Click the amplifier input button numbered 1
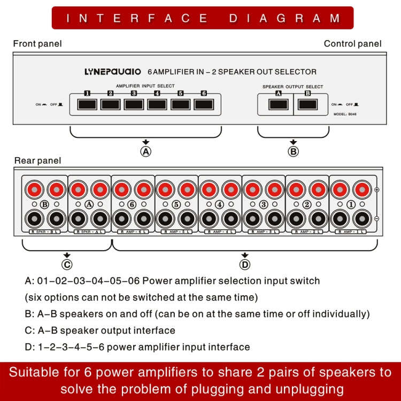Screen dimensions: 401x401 pos(87,104)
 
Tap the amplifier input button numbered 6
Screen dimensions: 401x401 pos(204,104)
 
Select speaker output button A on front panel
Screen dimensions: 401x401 pos(278,104)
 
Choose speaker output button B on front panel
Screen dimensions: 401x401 pos(307,104)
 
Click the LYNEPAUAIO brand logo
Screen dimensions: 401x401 pos(113,72)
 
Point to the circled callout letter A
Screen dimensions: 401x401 pos(145,151)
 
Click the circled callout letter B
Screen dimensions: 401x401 pos(294,151)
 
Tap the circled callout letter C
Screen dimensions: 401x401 pos(67,264)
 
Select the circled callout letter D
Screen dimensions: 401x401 pos(245,264)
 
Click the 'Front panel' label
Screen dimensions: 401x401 pos(37,43)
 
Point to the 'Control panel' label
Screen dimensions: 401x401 pos(352,43)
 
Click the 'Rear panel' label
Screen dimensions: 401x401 pos(37,160)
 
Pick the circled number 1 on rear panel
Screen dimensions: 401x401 pos(351,204)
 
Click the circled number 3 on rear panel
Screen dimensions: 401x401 pos(264,204)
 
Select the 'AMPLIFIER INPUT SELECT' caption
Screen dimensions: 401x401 pos(145,86)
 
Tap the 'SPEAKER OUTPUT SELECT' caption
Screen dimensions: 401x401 pos(292,87)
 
